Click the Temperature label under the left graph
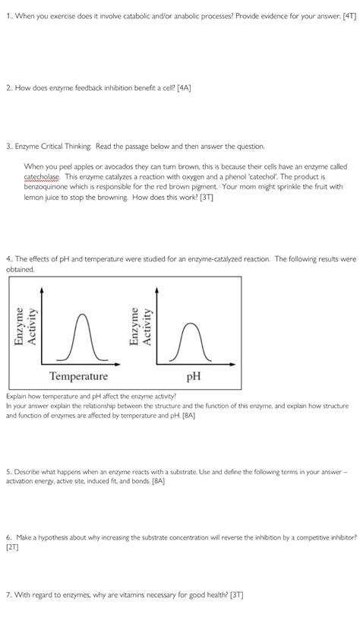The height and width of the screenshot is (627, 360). [79, 376]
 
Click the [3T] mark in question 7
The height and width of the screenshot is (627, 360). [233, 592]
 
